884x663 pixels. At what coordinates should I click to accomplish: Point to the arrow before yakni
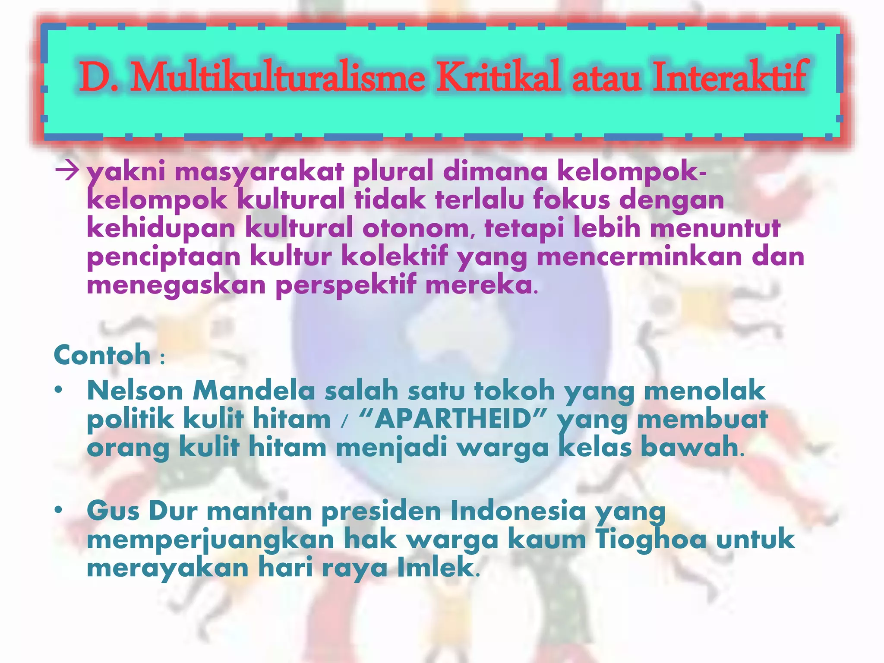pyautogui.click(x=67, y=172)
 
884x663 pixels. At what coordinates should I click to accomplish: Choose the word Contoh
pyautogui.click(x=102, y=355)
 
